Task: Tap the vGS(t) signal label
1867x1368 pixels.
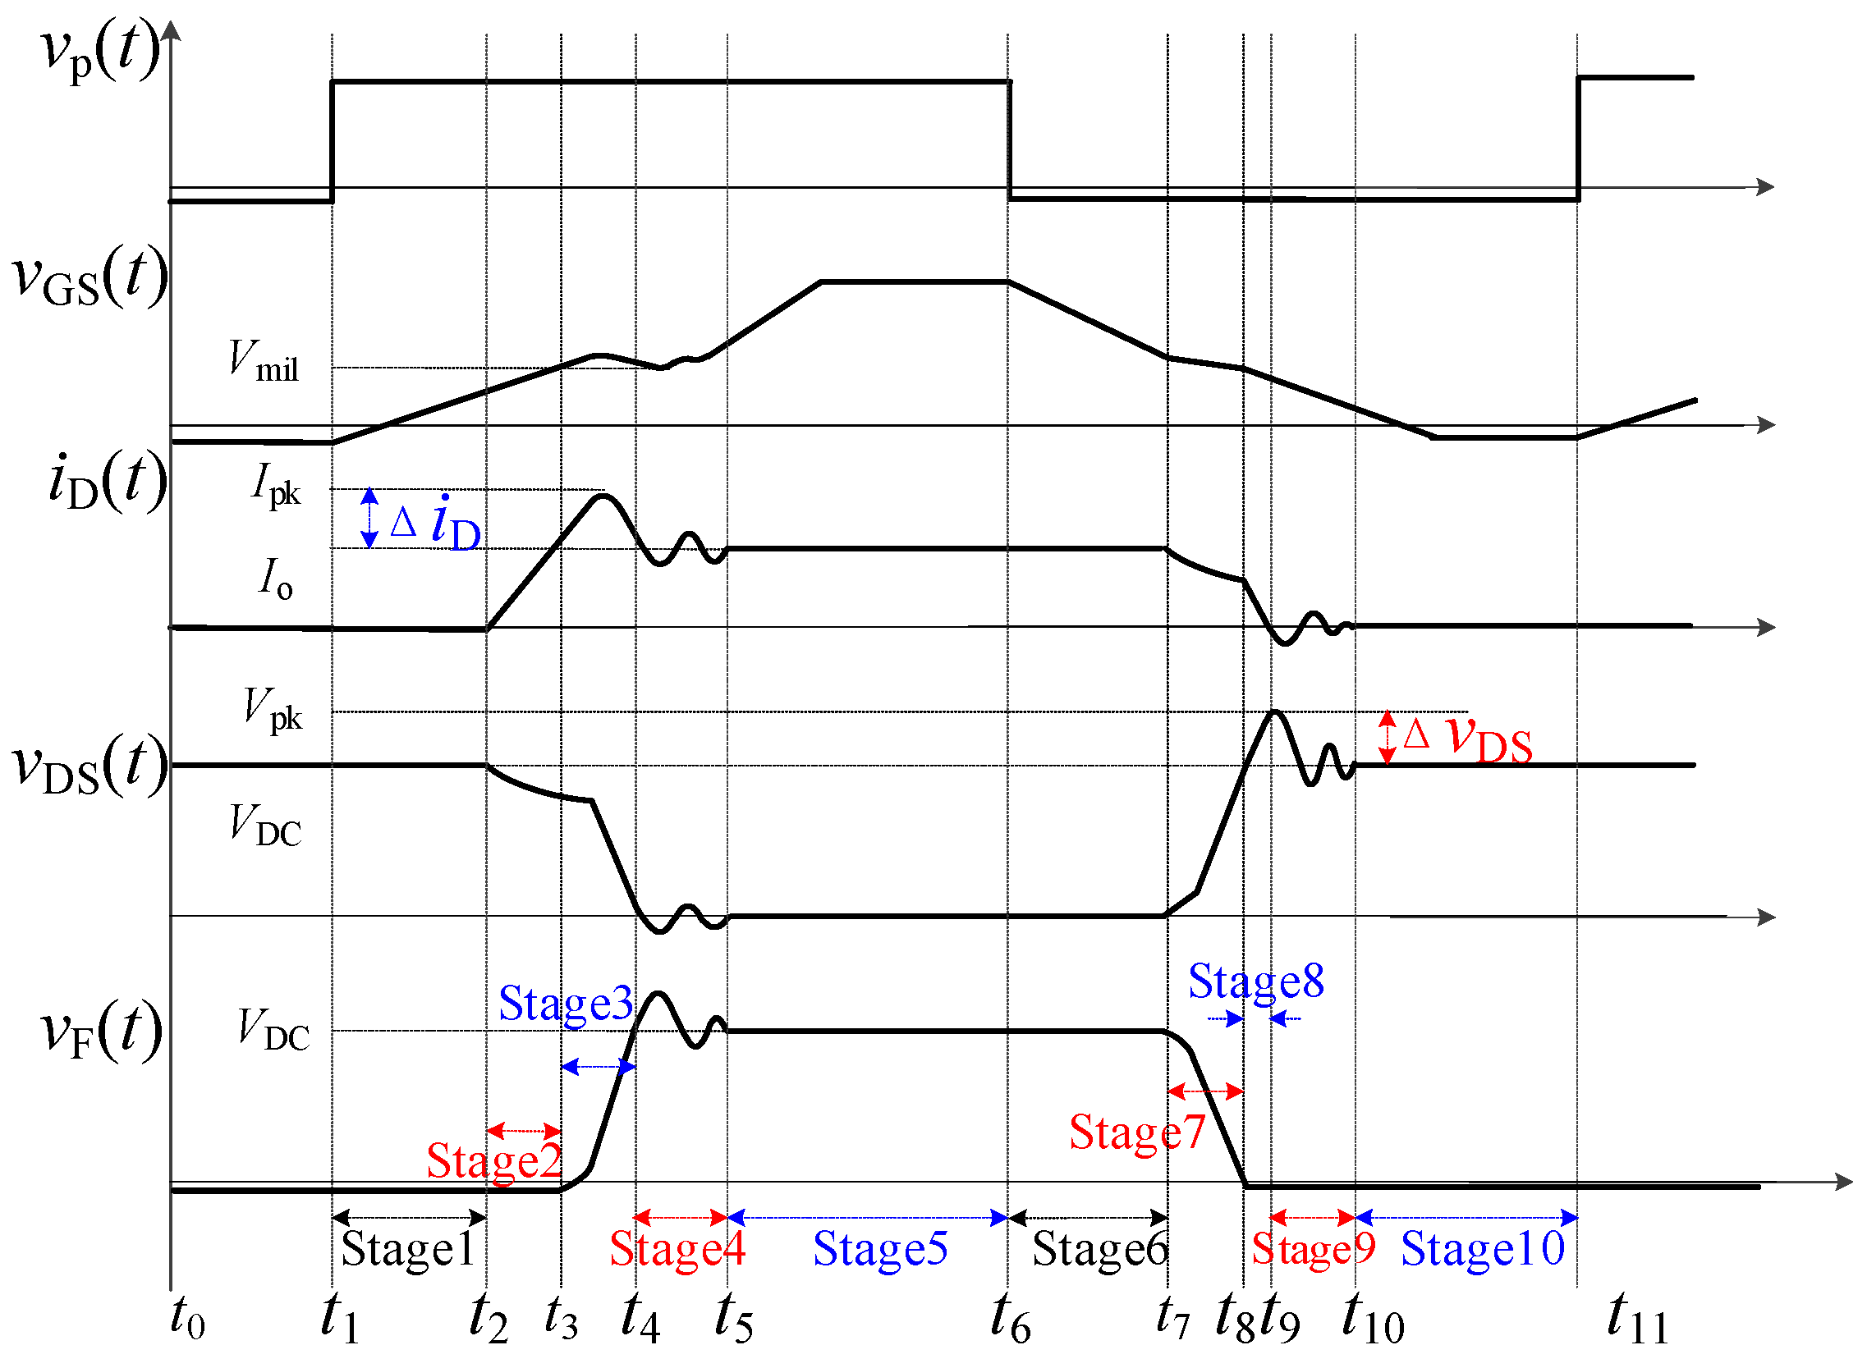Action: tap(89, 277)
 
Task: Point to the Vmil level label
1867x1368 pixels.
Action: tap(264, 362)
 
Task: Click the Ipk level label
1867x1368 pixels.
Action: tap(275, 484)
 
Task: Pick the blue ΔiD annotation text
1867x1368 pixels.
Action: tap(436, 524)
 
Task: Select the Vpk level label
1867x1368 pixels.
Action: tap(273, 710)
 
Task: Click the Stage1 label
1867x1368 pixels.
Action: tap(408, 1249)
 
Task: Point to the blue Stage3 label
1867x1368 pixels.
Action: tap(566, 1004)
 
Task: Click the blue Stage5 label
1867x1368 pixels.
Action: tap(879, 1249)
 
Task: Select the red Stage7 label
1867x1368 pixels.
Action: tap(1136, 1132)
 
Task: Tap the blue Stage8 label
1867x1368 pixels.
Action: tap(1255, 982)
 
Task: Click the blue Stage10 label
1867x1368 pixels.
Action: tap(1482, 1249)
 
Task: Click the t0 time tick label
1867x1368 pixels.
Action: tap(187, 1316)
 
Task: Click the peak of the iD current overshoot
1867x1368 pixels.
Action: tap(602, 496)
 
